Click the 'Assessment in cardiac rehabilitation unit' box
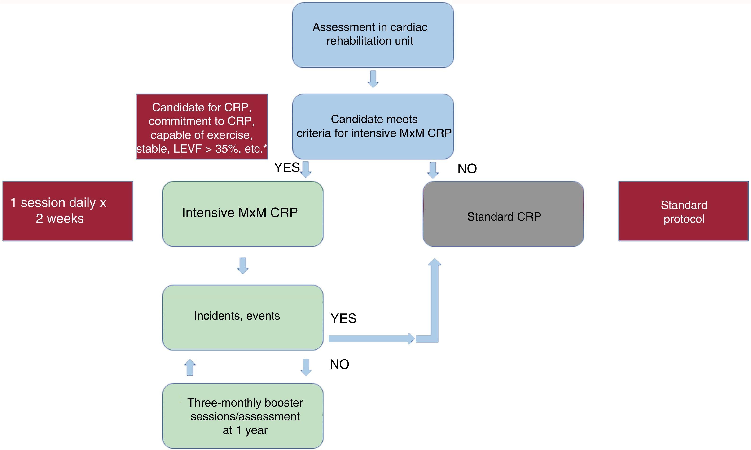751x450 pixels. pos(373,35)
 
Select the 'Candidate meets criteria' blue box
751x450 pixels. pos(373,126)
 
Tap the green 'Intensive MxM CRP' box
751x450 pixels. pos(242,214)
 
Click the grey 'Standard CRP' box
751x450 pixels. pos(503,214)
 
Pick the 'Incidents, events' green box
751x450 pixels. pos(242,317)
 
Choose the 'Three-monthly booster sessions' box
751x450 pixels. pos(242,416)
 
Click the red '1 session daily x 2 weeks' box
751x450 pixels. pos(68,211)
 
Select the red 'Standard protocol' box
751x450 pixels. pos(683,211)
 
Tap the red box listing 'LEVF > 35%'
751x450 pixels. pos(202,126)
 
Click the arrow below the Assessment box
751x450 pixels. pos(373,79)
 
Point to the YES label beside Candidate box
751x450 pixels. pos(286,168)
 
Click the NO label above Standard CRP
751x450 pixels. pos(467,169)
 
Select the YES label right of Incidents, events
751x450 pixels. pos(343,318)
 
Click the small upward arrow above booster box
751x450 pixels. pos(190,367)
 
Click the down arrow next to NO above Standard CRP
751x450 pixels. pos(433,170)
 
